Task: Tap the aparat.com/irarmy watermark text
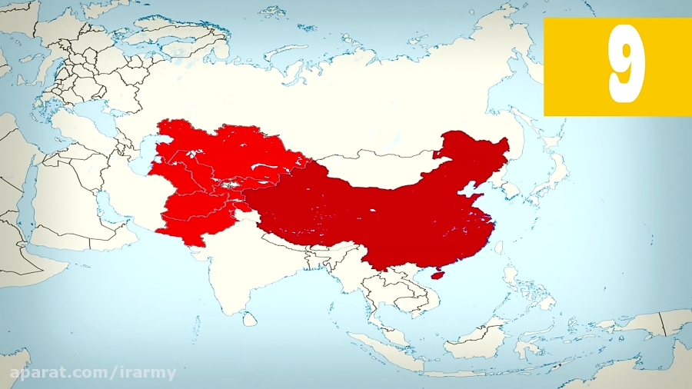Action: pos(92,373)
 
